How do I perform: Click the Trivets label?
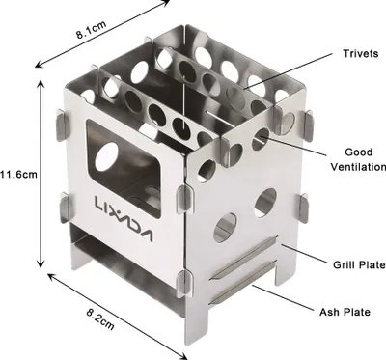pyautogui.click(x=360, y=53)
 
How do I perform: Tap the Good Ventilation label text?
pyautogui.click(x=358, y=159)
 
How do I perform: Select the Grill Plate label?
pyautogui.click(x=359, y=264)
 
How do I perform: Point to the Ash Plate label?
pyautogui.click(x=345, y=312)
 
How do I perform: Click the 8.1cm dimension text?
pyautogui.click(x=92, y=30)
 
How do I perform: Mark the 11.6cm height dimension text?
pyautogui.click(x=18, y=175)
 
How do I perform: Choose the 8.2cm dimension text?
pyautogui.click(x=100, y=319)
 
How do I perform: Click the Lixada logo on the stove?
pyautogui.click(x=124, y=219)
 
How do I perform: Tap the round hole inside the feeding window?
pyautogui.click(x=107, y=155)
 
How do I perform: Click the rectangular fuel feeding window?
pyautogui.click(x=124, y=168)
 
